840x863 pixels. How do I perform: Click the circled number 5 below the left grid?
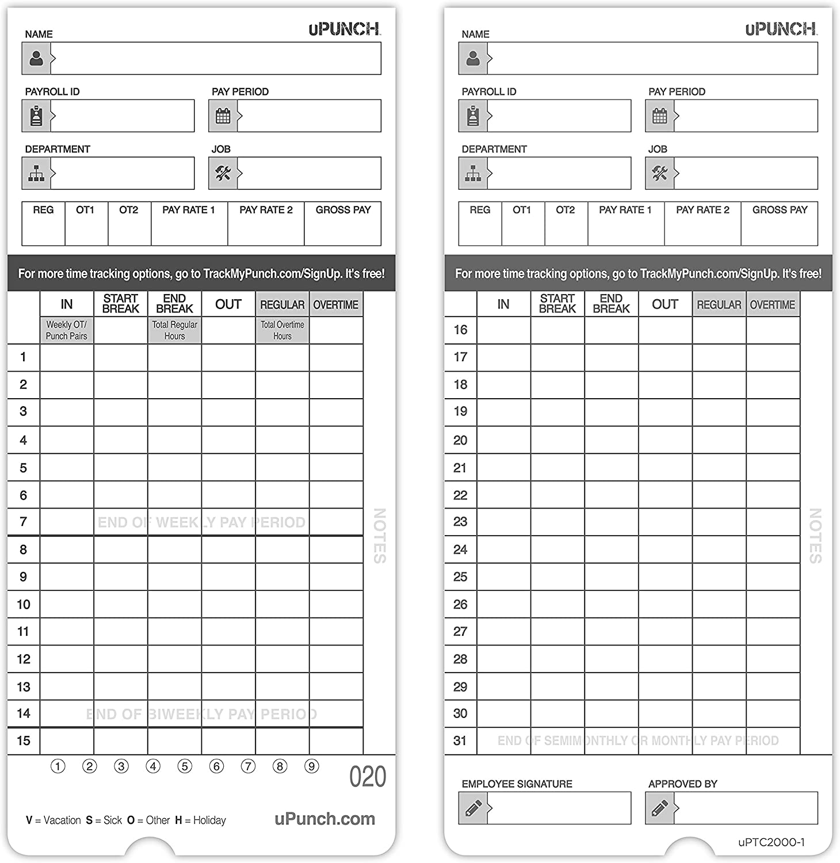(185, 766)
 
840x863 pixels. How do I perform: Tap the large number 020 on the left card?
(368, 777)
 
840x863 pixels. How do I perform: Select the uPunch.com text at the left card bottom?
(324, 819)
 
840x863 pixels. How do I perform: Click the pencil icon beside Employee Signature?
(473, 808)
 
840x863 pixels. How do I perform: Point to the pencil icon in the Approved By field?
(659, 808)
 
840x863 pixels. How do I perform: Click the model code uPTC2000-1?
(771, 842)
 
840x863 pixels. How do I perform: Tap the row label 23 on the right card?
(460, 522)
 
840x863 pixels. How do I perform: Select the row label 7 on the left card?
(23, 522)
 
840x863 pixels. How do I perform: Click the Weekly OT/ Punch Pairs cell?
(67, 330)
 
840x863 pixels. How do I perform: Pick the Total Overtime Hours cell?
(282, 330)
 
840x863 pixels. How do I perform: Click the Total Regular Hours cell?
(174, 330)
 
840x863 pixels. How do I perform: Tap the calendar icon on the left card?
(223, 116)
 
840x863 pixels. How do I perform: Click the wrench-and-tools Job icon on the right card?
(659, 173)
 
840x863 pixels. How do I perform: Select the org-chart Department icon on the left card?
(36, 173)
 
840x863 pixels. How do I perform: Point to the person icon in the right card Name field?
(473, 58)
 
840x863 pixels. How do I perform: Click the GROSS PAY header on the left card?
(343, 210)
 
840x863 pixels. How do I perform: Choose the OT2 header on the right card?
(565, 210)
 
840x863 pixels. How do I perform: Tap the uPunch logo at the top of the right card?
(781, 29)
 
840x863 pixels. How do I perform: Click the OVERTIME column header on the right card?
(772, 304)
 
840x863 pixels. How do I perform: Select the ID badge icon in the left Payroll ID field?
(36, 116)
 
